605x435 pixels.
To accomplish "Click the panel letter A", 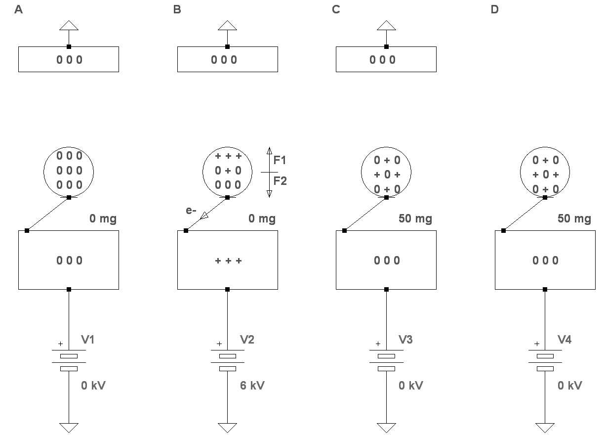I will (x=19, y=10).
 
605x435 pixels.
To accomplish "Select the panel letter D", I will (x=495, y=10).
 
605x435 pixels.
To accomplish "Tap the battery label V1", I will (x=88, y=340).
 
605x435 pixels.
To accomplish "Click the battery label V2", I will (x=247, y=340).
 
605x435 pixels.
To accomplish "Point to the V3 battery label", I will (x=406, y=340).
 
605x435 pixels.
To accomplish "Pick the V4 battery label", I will (x=565, y=340).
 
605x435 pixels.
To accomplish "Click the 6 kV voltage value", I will (x=252, y=386).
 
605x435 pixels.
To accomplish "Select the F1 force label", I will (x=280, y=160).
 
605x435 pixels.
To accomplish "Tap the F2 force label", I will (x=280, y=181).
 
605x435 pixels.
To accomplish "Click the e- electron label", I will (x=191, y=211).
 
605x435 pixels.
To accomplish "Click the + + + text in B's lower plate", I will (x=228, y=261).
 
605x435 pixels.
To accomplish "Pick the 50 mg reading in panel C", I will (x=415, y=218).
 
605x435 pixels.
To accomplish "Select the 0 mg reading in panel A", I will (x=103, y=218).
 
